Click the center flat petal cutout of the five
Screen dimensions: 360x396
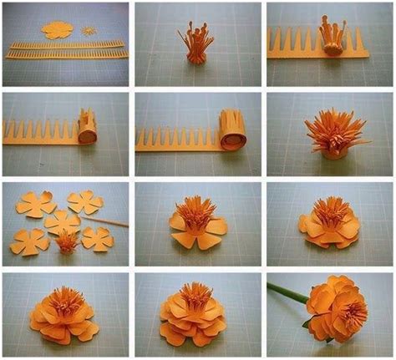pos(61,222)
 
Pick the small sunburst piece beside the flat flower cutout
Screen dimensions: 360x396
pos(89,30)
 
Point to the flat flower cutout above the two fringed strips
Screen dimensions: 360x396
pos(56,28)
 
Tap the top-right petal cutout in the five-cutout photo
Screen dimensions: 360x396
pos(84,201)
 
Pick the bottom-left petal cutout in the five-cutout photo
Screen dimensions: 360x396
pos(30,243)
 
